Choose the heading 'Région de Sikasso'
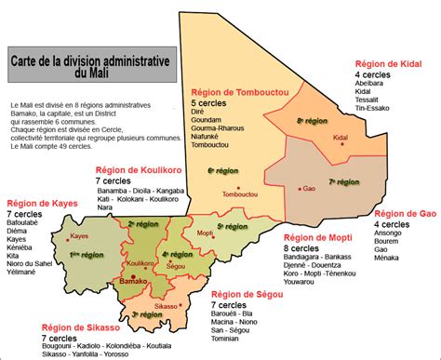point(82,327)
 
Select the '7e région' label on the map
point(345,181)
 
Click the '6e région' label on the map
point(222,171)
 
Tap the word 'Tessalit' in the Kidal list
point(370,101)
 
